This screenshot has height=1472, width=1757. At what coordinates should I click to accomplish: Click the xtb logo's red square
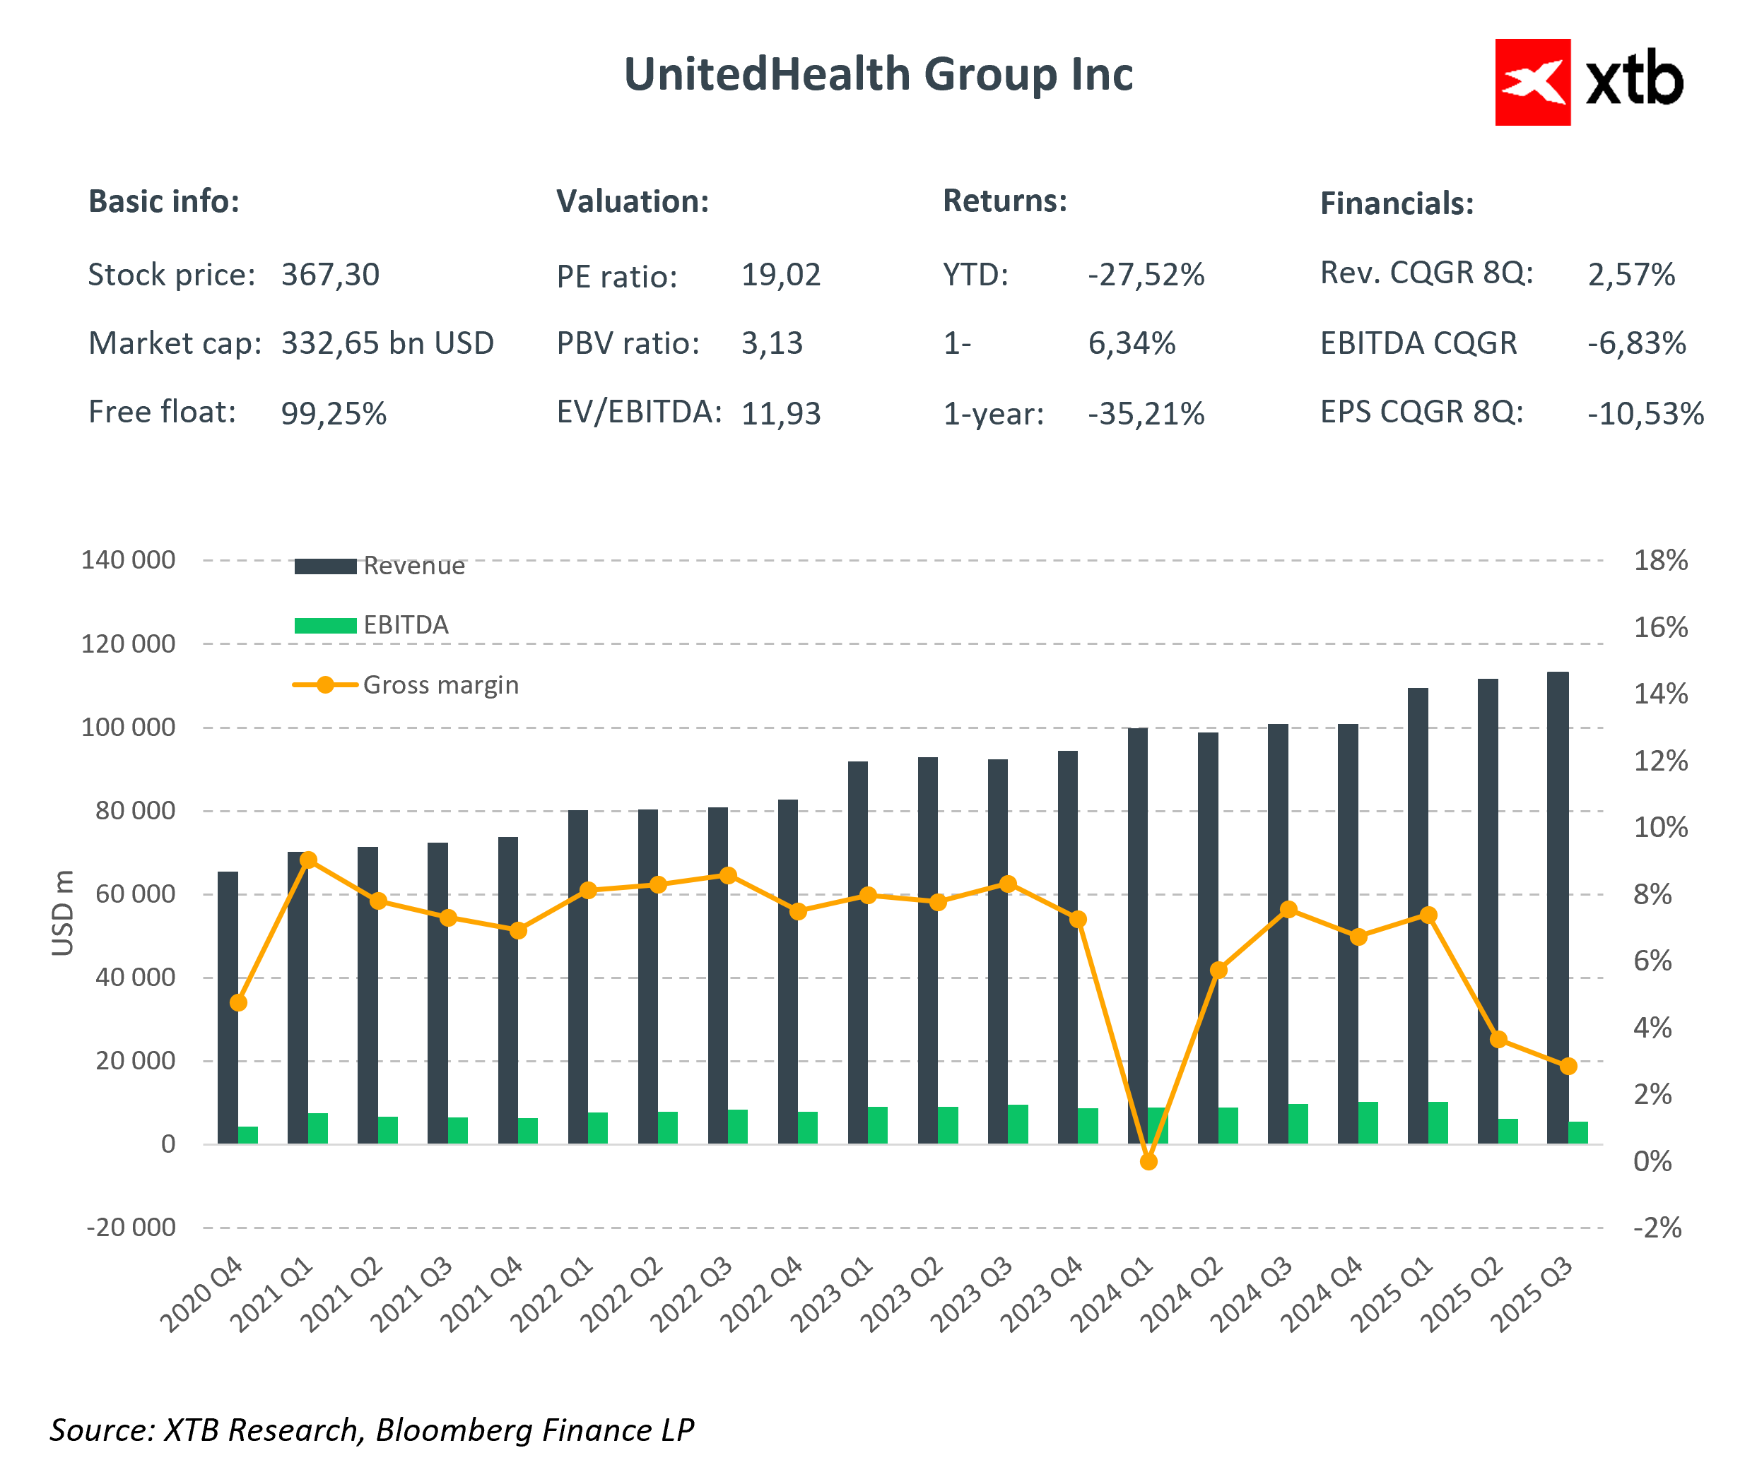coord(1532,82)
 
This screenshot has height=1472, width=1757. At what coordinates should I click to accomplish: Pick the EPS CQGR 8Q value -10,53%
coord(1645,414)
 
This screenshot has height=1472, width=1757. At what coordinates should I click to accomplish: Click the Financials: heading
coord(1397,204)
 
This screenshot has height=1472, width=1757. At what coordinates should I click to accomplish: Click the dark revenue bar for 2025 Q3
coord(1557,908)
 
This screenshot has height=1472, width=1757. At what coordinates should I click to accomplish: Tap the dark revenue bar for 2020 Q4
coord(228,1008)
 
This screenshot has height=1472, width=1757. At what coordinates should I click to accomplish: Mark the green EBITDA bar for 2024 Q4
coord(1368,1123)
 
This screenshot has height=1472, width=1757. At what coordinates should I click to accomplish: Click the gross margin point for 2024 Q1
coord(1148,1162)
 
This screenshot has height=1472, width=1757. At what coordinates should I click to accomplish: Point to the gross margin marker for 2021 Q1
coord(308,860)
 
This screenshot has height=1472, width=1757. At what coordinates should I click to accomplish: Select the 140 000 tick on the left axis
coord(128,560)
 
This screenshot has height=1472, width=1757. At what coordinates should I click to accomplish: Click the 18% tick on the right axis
coord(1660,560)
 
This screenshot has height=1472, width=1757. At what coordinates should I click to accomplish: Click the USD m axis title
coord(63,913)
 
